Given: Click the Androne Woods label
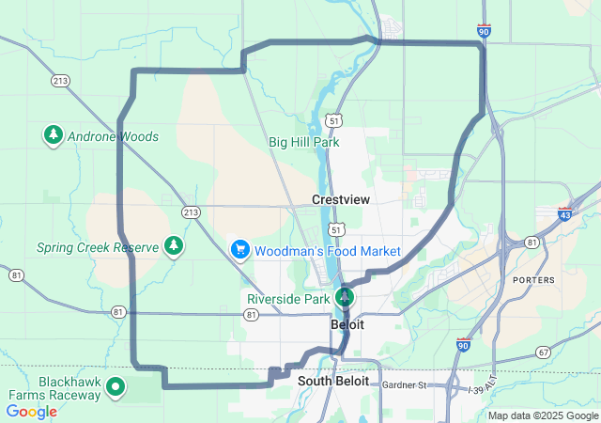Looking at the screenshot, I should click(x=114, y=136).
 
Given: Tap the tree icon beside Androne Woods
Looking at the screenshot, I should click(x=54, y=135).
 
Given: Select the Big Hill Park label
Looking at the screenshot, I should click(x=303, y=142).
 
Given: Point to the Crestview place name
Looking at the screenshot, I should click(x=341, y=200).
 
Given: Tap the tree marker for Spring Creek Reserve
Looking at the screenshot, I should click(x=174, y=246).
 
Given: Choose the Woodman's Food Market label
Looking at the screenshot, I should click(x=329, y=251).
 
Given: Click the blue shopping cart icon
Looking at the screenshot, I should click(x=240, y=250).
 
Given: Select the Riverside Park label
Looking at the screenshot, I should click(x=288, y=299).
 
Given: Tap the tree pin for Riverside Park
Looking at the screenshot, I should click(x=345, y=297).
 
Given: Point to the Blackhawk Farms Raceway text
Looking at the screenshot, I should click(x=56, y=388).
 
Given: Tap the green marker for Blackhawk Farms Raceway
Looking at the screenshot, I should click(x=116, y=385).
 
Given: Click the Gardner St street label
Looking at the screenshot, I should click(x=405, y=384).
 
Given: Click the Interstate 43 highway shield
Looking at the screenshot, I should click(x=565, y=215).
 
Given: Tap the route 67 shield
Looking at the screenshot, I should click(x=544, y=352).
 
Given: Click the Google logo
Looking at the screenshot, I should click(x=31, y=412).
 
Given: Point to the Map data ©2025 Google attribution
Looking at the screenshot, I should click(x=543, y=415).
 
